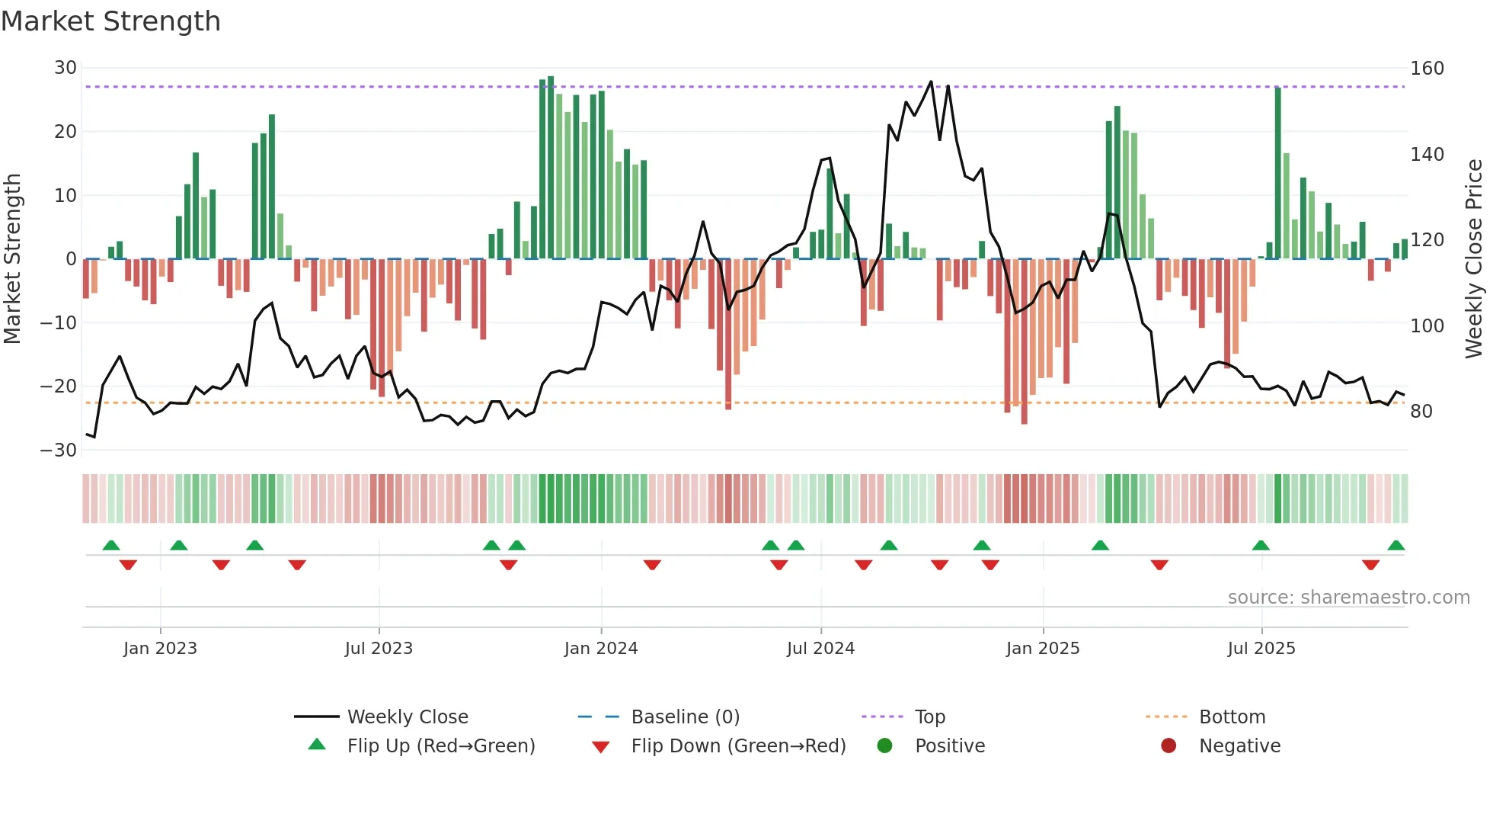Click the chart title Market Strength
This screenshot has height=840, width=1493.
click(x=110, y=21)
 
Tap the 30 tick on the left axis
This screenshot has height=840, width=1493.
click(x=66, y=68)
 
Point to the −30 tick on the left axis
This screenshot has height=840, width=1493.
click(x=59, y=450)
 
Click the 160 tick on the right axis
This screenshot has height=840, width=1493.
click(x=1427, y=69)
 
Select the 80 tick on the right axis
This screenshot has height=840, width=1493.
click(x=1421, y=412)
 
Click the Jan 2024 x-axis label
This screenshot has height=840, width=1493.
click(x=600, y=649)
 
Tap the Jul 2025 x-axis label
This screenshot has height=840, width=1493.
click(x=1261, y=649)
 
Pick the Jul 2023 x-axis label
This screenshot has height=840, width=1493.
click(x=379, y=649)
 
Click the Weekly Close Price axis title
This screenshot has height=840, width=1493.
click(x=1474, y=258)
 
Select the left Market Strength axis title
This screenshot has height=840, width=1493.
click(x=12, y=258)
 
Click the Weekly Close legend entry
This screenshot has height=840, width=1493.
click(x=407, y=717)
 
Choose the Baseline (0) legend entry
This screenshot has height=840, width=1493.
click(x=685, y=717)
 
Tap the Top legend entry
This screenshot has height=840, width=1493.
click(x=929, y=717)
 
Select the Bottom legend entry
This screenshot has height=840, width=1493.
click(x=1232, y=717)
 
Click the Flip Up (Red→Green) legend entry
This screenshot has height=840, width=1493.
click(x=440, y=746)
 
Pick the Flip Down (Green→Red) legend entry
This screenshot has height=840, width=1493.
click(x=738, y=746)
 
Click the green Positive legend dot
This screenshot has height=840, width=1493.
click(x=884, y=746)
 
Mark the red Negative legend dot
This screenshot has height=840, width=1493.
click(x=1169, y=746)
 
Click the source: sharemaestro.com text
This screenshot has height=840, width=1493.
click(x=1348, y=598)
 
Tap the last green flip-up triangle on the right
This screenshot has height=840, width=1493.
click(x=1395, y=546)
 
